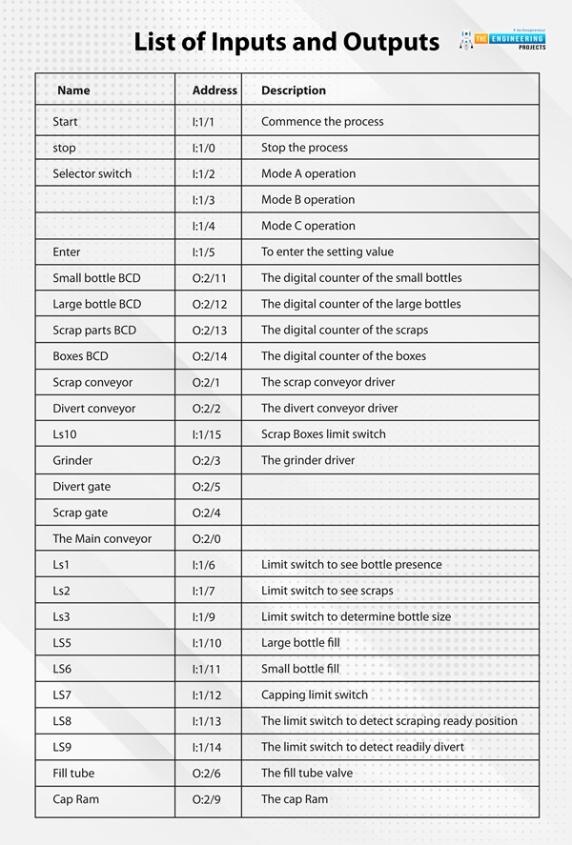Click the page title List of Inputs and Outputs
(286, 42)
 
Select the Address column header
(214, 91)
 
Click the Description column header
(294, 91)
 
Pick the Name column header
(73, 91)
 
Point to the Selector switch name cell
(92, 173)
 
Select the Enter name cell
(67, 251)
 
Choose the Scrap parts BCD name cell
(94, 330)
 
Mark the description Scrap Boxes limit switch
(323, 433)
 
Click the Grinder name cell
(72, 460)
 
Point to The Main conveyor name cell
(102, 538)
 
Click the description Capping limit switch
(315, 694)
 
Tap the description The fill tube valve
(307, 773)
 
